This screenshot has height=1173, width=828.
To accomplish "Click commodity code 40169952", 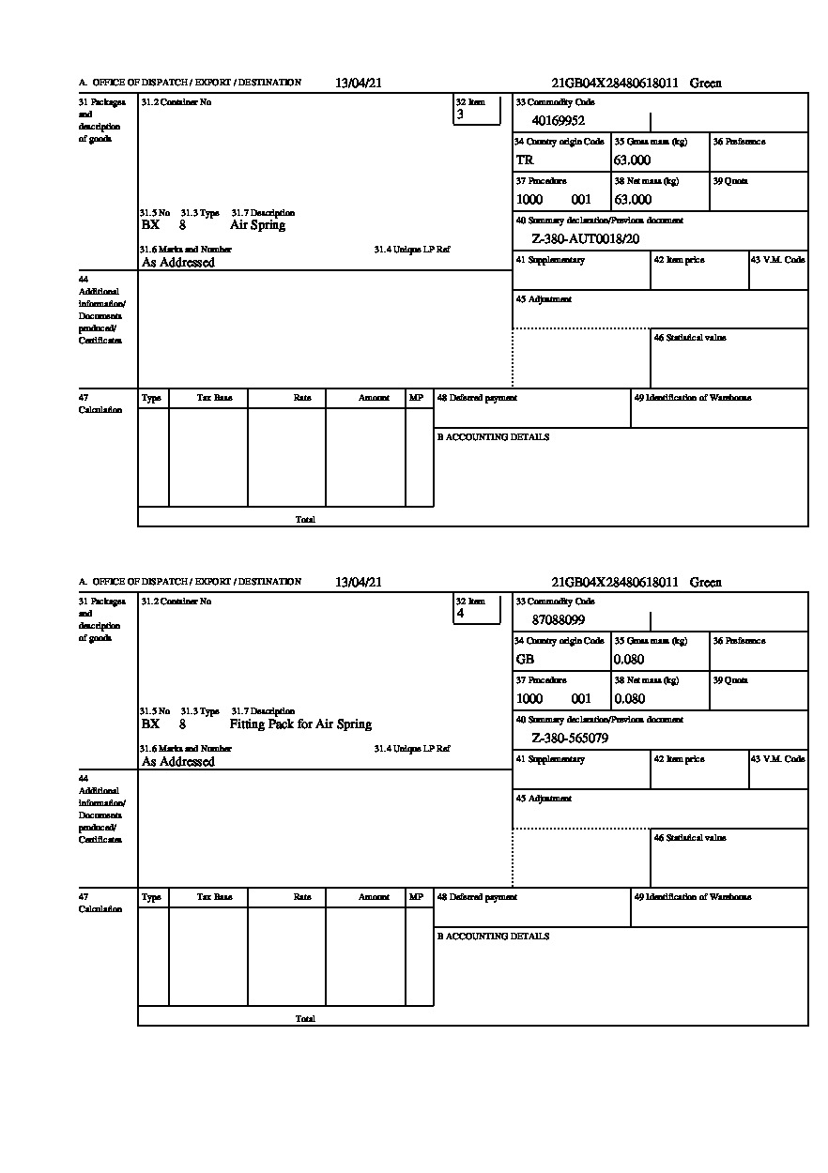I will click(x=559, y=120).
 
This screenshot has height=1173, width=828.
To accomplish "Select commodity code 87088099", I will click(x=559, y=619).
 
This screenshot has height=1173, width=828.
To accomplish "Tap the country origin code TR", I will click(x=525, y=160).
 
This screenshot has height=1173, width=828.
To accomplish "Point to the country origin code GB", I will click(x=525, y=660).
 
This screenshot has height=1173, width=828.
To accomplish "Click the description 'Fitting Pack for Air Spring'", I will click(x=300, y=724).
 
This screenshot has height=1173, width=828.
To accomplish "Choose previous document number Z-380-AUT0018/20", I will click(x=586, y=238).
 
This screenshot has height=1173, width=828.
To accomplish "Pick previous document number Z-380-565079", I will click(x=570, y=739).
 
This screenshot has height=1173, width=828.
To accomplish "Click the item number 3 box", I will click(x=477, y=111).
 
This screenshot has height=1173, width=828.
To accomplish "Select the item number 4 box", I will click(x=477, y=610).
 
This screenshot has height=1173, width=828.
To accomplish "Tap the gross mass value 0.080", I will click(x=630, y=660).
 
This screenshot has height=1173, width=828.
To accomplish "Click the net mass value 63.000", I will click(x=633, y=200).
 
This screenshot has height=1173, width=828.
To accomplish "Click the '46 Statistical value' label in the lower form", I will click(x=690, y=837).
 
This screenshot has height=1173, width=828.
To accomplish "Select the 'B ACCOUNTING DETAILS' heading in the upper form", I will click(x=493, y=437).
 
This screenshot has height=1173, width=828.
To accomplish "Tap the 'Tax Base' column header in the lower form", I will click(x=214, y=897).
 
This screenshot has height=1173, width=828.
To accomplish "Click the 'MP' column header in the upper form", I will click(x=416, y=398).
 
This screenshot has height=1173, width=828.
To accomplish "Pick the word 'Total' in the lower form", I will click(x=305, y=1018).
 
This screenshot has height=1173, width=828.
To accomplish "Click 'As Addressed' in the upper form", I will click(x=178, y=263).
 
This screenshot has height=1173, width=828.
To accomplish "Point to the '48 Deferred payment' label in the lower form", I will click(x=477, y=897).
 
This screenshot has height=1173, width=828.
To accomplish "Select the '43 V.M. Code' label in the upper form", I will click(x=778, y=259).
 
